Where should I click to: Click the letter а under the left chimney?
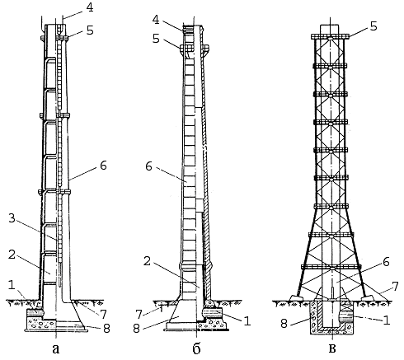point(56,349)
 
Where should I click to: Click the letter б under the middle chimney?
point(196,348)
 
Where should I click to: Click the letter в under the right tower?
point(332,349)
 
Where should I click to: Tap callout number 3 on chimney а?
point(12,218)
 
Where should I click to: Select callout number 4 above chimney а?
point(90,7)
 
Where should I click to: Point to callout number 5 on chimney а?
point(90,30)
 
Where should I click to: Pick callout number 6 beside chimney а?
point(103,166)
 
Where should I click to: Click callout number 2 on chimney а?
point(12,255)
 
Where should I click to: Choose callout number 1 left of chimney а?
point(12,285)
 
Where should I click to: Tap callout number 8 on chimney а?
point(106,328)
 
